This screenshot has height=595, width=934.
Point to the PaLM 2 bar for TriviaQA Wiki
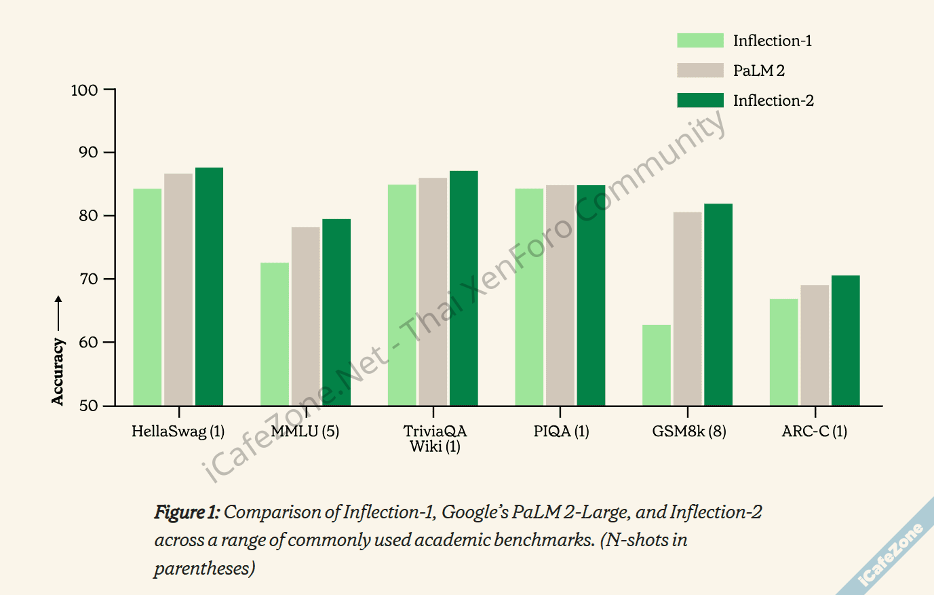[x=433, y=292]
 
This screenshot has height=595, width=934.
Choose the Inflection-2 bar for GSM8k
[x=718, y=305]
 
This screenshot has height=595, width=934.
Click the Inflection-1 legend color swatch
[x=700, y=41]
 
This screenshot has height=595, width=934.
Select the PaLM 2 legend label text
[x=758, y=71]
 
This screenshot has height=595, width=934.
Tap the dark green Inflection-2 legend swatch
[x=700, y=100]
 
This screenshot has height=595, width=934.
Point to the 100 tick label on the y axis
[x=84, y=90]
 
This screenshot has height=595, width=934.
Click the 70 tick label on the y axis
[x=88, y=279]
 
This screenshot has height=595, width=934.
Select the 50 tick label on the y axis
[x=88, y=406]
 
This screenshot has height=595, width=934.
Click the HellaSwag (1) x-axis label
[x=178, y=431]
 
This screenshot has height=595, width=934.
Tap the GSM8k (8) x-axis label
[x=688, y=431]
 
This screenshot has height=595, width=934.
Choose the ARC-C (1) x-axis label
[x=814, y=431]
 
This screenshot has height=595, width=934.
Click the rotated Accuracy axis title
[x=58, y=372]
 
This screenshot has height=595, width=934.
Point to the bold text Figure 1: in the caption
[x=187, y=512]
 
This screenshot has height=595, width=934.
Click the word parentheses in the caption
[x=204, y=569]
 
